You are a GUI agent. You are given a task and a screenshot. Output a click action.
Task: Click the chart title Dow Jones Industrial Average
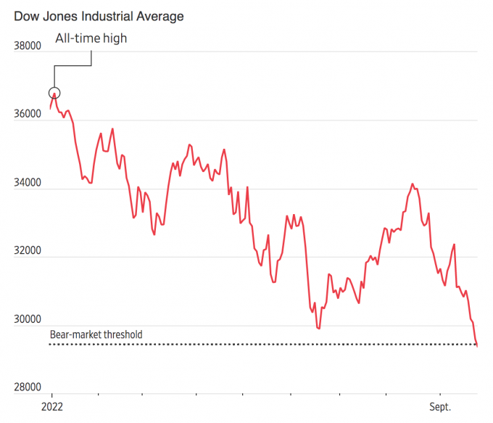coord(99,16)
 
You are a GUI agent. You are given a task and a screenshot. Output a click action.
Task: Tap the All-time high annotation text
coord(91,38)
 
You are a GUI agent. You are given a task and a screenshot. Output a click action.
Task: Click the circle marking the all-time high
coord(54,93)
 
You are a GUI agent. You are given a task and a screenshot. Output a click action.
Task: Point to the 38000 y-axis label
coord(28,46)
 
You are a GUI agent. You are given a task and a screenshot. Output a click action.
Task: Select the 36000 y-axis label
coord(28,115)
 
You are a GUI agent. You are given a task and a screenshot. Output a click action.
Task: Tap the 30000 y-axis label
coord(28,320)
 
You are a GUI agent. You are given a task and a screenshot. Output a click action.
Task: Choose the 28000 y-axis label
coord(28,388)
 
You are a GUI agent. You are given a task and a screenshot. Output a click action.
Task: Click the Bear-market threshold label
coord(96,335)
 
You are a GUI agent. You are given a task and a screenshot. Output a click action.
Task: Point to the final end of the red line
coord(477,345)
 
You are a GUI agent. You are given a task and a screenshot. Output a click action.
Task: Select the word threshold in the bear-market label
coord(122,335)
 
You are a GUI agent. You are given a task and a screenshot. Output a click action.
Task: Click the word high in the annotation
coord(114,38)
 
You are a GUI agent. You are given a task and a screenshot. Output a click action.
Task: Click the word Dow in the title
coord(26,16)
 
